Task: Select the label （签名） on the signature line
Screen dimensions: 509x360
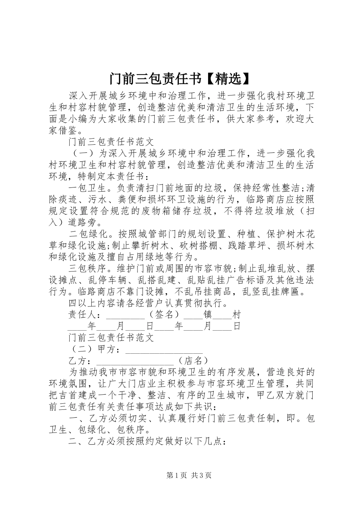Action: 164,314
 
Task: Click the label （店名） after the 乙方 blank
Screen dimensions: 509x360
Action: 193,361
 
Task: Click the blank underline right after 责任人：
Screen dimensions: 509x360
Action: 125,315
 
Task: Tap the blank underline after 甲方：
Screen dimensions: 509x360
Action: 164,350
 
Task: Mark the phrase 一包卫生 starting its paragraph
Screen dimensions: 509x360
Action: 87,188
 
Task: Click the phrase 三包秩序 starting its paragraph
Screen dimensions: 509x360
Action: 87,269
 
